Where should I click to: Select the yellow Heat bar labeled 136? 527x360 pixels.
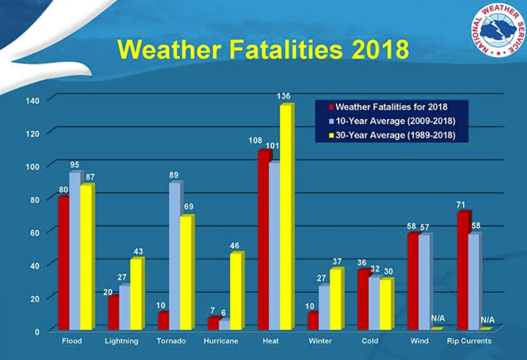(286, 216)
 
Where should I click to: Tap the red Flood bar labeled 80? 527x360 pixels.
(64, 263)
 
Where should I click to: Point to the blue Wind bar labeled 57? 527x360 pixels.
(424, 282)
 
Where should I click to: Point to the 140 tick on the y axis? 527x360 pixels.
(32, 100)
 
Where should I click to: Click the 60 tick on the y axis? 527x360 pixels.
(35, 232)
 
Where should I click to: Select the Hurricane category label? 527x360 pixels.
(221, 341)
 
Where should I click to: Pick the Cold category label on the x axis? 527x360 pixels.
(370, 341)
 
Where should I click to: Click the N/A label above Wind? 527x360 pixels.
(438, 318)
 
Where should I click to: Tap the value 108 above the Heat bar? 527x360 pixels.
(256, 141)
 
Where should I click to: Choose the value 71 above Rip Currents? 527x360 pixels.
(463, 204)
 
